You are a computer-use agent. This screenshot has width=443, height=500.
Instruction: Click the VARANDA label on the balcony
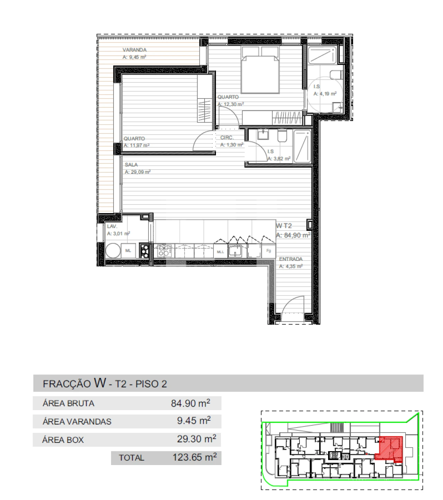134,50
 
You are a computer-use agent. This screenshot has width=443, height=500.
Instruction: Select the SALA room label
131,165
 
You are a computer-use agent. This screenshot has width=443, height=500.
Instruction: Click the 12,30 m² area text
231,104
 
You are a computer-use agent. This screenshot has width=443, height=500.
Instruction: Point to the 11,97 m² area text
137,146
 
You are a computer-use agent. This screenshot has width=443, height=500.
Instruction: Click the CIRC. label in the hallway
227,138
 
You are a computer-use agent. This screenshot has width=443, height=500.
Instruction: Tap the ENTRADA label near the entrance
291,259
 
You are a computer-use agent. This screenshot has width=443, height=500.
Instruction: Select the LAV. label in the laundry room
112,226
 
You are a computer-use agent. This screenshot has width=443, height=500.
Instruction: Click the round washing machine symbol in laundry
113,251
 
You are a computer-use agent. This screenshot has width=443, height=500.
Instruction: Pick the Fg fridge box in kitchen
269,251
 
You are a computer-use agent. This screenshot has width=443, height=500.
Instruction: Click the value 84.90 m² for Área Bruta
190,403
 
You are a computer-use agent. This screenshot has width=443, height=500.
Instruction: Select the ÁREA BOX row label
63,440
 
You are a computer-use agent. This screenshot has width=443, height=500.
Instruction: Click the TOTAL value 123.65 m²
195,457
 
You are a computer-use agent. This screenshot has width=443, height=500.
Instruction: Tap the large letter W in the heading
100,383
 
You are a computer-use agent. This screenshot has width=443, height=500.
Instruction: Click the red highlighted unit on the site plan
391,448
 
